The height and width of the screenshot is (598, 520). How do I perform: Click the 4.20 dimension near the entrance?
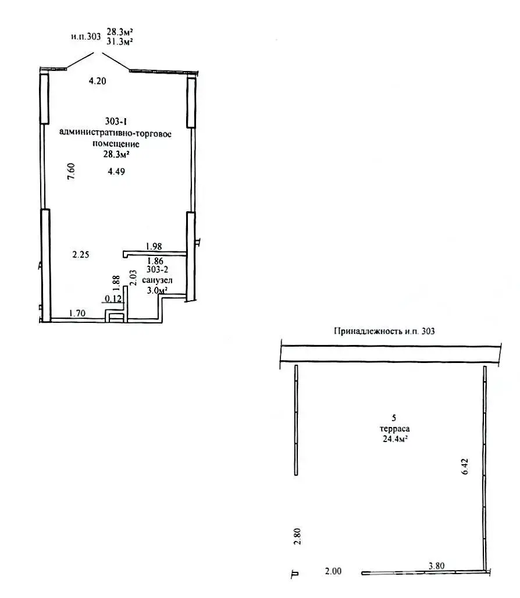[x=97, y=81]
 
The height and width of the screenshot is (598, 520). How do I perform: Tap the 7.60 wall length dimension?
[x=72, y=171]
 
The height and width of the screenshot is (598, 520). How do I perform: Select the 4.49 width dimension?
[x=116, y=172]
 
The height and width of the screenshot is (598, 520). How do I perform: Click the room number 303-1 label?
[x=116, y=121]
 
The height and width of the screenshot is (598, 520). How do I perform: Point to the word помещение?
[x=116, y=144]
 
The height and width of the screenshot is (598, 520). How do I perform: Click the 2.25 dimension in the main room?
[x=81, y=254]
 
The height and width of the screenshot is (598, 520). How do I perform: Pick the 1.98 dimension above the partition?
[x=154, y=247]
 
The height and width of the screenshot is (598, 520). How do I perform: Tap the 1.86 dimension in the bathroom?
[x=155, y=261]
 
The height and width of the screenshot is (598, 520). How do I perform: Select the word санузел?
[x=157, y=280]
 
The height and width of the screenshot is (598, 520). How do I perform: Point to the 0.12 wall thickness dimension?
[x=113, y=298]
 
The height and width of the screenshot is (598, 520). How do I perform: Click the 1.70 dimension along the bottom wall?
[x=77, y=314]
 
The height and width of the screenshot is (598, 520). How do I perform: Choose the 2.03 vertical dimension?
[x=133, y=277]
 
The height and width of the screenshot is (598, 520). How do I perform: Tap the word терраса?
[x=394, y=429]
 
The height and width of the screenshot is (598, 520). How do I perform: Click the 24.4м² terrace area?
[x=395, y=439]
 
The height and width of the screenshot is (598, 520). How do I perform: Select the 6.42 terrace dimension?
[x=464, y=467]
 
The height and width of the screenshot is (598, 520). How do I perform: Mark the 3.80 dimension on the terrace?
[x=436, y=566]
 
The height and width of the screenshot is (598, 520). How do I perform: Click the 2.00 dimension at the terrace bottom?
[x=333, y=571]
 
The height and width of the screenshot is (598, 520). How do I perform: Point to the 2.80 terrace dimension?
[x=298, y=536]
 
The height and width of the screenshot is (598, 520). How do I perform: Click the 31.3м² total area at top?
[x=120, y=41]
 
